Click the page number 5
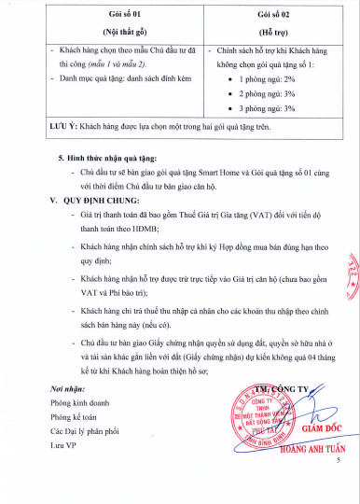click(339, 487)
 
